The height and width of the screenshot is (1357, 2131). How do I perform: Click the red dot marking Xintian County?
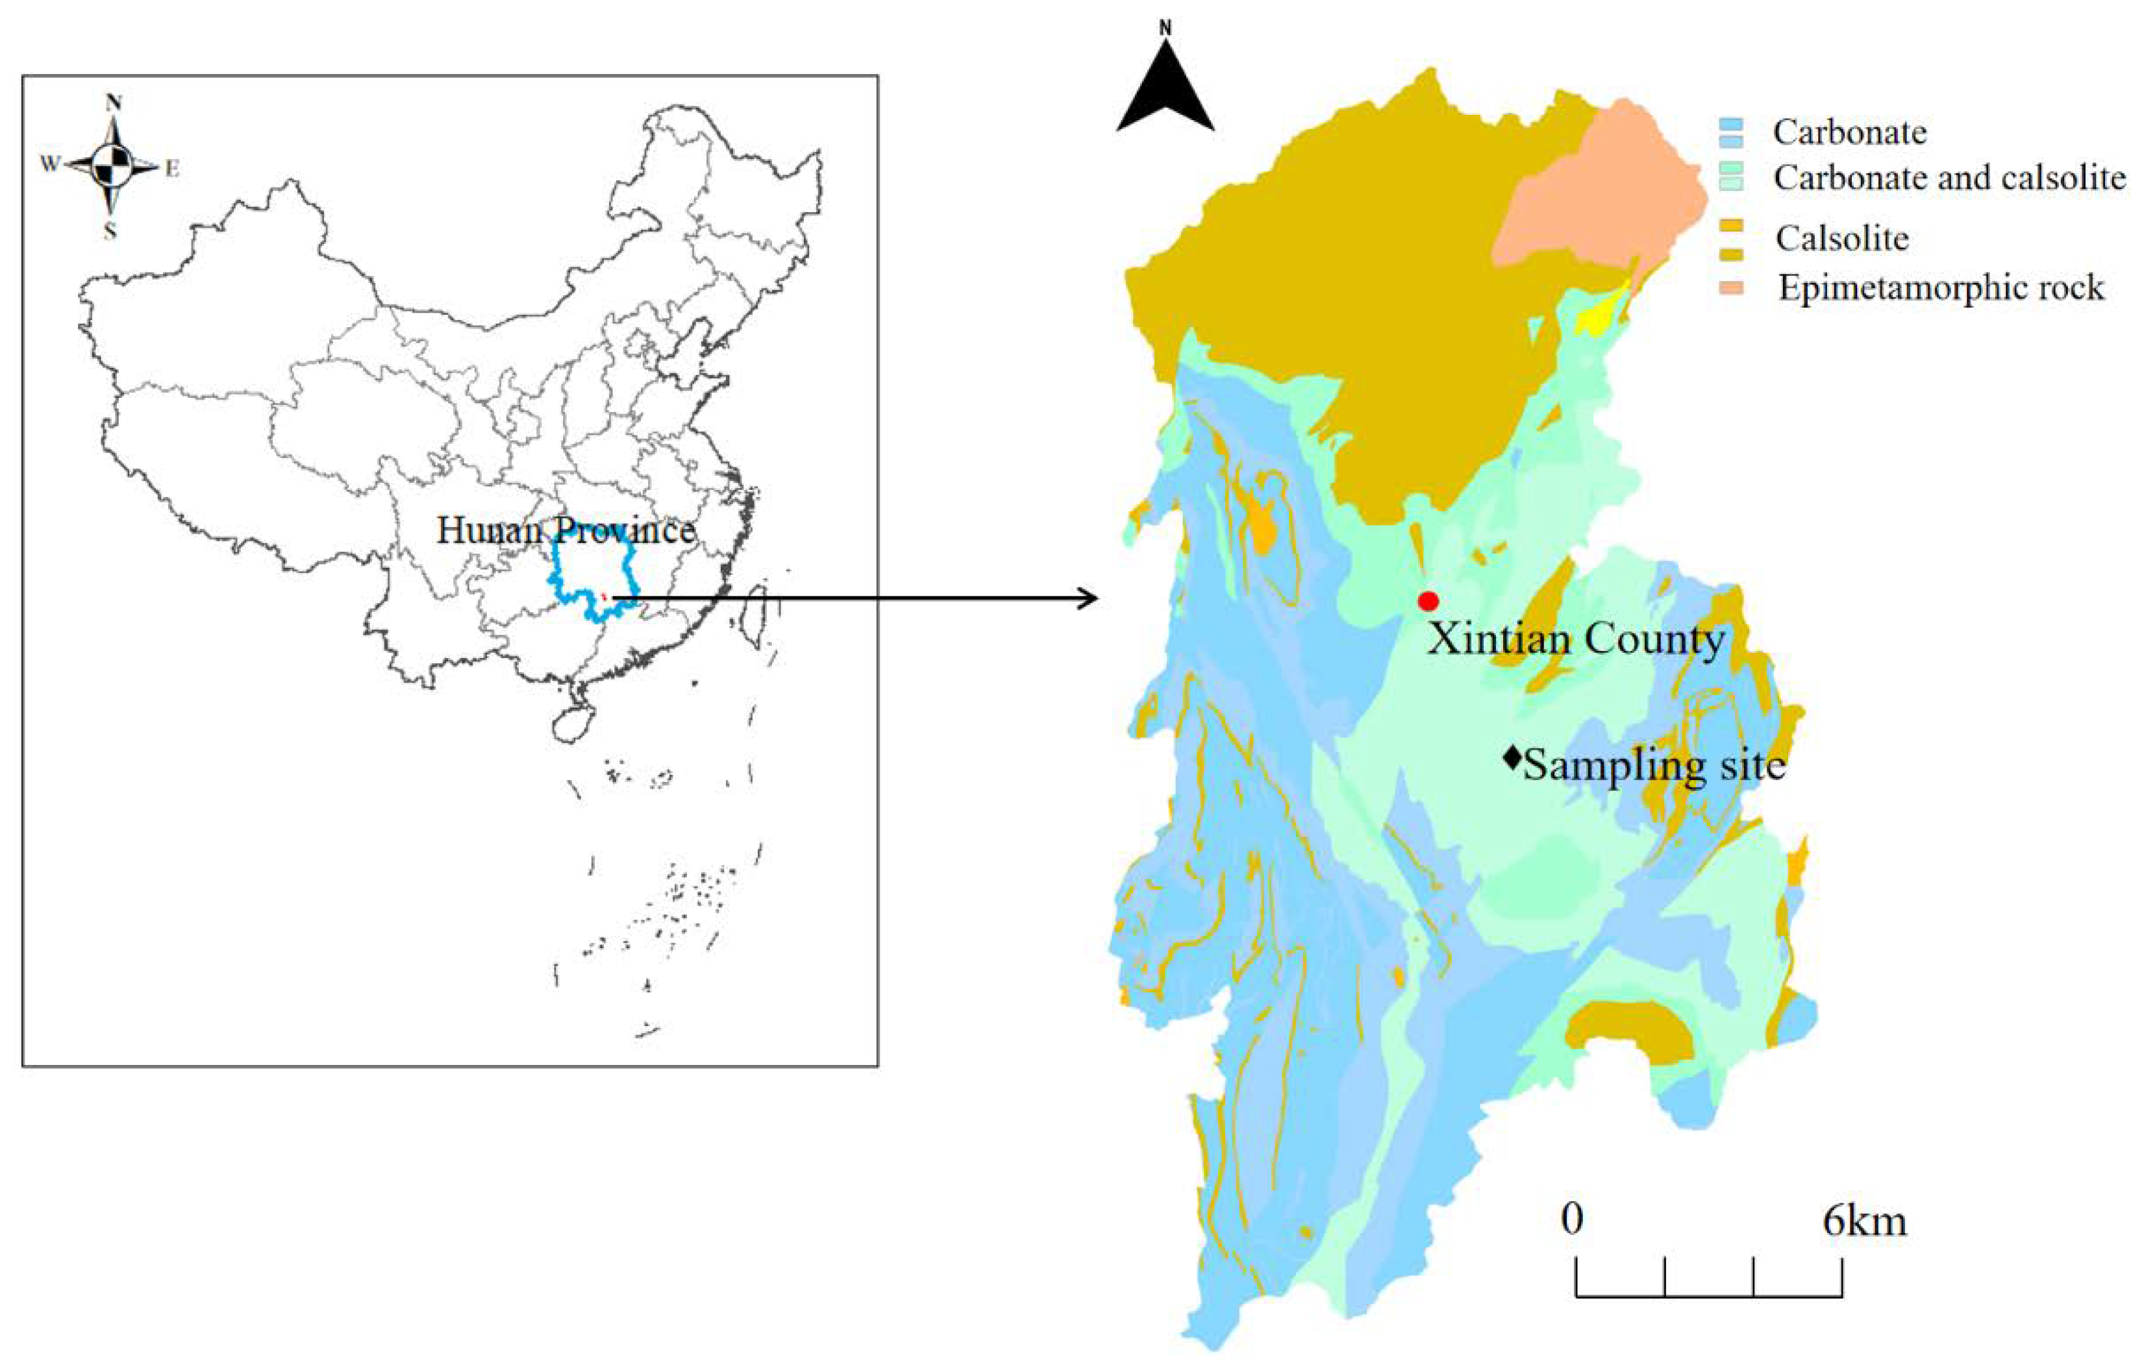click(x=1427, y=602)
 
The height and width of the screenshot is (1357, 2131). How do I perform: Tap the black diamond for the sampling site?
click(x=1512, y=757)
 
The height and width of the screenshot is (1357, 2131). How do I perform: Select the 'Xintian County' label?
click(x=1576, y=639)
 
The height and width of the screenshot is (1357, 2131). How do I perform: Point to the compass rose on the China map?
click(x=112, y=165)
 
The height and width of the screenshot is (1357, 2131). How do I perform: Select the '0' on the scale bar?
click(x=1572, y=1220)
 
